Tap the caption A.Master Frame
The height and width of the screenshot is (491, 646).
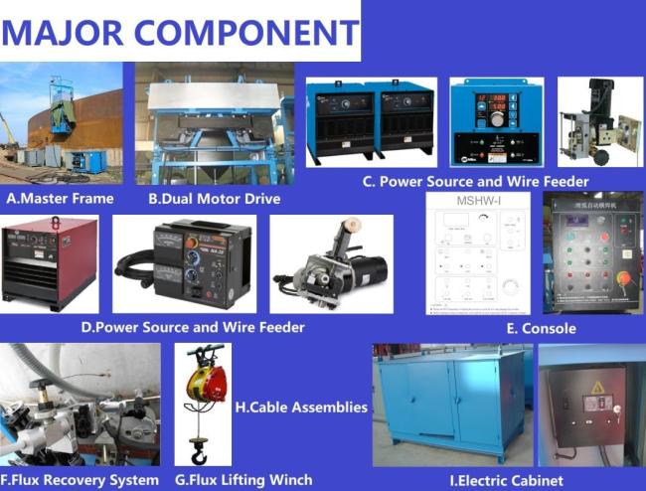click(x=60, y=199)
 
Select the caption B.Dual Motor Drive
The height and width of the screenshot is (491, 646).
click(x=214, y=199)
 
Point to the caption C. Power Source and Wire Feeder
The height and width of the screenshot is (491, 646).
click(x=475, y=181)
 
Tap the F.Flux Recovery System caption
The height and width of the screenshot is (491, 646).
click(x=81, y=480)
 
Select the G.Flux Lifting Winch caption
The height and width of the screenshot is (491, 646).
click(x=243, y=480)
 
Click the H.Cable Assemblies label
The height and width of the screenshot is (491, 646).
click(x=301, y=407)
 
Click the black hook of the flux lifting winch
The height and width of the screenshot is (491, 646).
click(x=199, y=456)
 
